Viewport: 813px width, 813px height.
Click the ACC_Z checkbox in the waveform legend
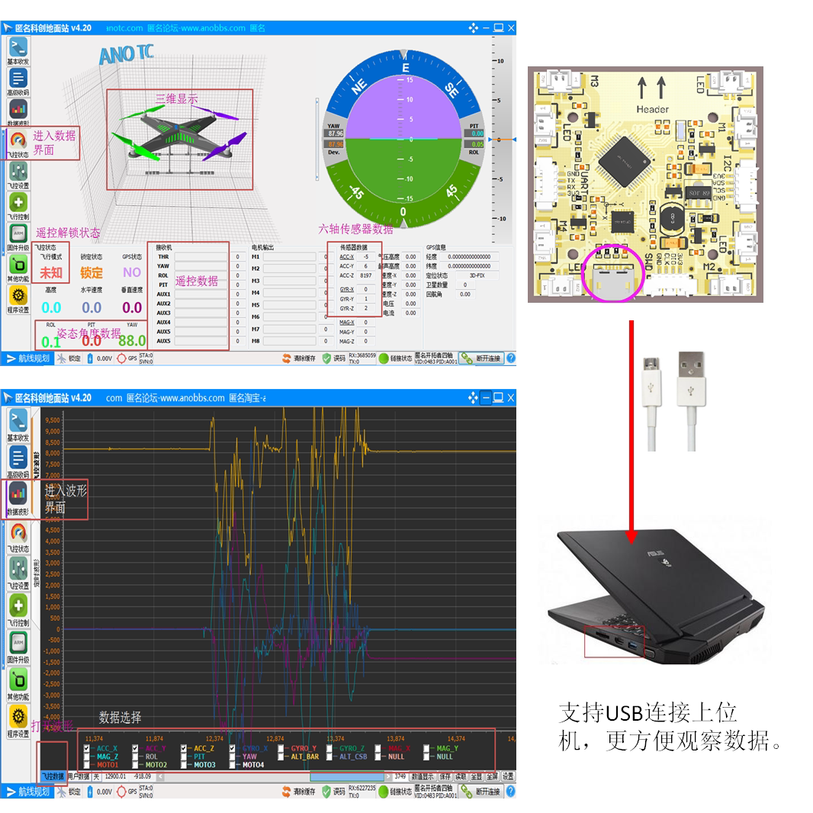tap(185, 748)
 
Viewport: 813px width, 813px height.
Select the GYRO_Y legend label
tap(303, 748)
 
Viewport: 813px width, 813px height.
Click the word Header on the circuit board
tap(651, 109)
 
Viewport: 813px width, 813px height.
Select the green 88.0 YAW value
tap(132, 340)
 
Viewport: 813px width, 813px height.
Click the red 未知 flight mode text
tap(51, 272)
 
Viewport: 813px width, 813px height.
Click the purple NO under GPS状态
tap(132, 272)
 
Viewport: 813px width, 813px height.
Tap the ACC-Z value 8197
tap(365, 275)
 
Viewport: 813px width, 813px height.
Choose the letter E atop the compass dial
tap(406, 68)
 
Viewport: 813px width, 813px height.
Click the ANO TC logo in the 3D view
tap(126, 54)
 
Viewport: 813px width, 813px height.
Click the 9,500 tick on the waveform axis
tap(52, 420)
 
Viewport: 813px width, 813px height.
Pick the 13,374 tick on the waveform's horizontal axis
tap(335, 738)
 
